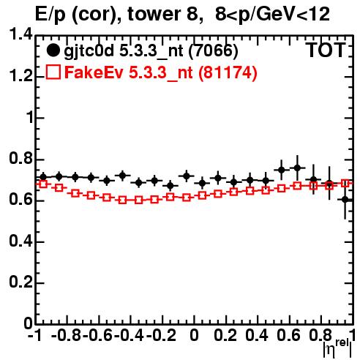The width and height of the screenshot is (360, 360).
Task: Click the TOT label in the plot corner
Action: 326,50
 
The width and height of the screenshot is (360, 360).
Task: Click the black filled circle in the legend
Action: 53,50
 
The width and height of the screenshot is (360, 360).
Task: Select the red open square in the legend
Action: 53,72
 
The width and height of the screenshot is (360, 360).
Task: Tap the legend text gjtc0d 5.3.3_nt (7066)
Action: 151,51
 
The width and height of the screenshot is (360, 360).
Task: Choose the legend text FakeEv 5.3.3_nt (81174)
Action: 161,72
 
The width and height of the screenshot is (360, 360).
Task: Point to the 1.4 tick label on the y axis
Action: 20,34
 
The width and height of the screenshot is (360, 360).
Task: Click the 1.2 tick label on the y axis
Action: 20,76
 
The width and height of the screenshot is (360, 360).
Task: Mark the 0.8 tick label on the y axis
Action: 20,159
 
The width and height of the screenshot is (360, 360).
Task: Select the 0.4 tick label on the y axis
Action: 20,241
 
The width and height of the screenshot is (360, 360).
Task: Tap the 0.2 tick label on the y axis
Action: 20,282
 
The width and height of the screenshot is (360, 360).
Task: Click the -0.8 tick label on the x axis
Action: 67,335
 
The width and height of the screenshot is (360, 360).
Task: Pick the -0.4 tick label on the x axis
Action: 130,335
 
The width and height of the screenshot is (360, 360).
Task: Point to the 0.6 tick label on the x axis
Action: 289,335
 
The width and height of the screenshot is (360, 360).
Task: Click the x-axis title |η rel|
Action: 337,348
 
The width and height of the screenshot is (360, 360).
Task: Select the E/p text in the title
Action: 50,15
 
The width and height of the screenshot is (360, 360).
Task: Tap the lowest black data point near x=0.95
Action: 345,200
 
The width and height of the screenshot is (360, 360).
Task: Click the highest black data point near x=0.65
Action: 297,168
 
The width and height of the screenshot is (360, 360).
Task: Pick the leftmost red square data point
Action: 43,184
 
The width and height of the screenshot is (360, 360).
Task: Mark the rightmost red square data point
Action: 345,184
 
